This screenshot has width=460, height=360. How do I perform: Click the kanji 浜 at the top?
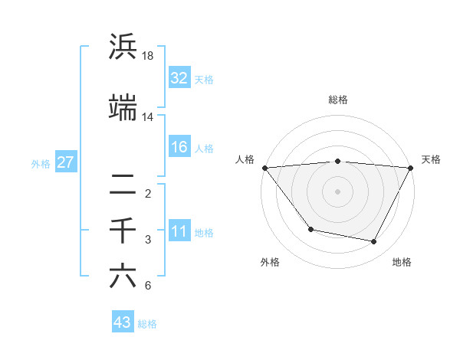pos(123,47)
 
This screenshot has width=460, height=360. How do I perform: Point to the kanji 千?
pos(123,230)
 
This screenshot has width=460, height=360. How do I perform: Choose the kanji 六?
pos(123,276)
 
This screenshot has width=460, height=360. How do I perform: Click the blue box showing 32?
pos(179,78)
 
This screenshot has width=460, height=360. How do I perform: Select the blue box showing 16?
pos(179,147)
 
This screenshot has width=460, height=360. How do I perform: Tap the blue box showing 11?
pos(179,231)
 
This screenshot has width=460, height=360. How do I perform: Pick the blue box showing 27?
pos(65,162)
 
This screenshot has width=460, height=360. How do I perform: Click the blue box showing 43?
pos(122,323)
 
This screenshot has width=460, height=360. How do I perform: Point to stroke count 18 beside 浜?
pos(148,55)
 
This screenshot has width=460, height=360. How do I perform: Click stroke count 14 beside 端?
pos(148,116)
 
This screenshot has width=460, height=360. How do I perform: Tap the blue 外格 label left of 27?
pos(41,163)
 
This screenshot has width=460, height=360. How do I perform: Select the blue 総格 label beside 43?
pos(147,324)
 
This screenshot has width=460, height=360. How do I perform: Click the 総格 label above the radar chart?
pos(337,100)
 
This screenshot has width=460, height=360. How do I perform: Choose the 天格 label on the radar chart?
pos(431,159)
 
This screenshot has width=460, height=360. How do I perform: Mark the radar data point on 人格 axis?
pos(264,168)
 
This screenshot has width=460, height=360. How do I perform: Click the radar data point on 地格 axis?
pos(374,242)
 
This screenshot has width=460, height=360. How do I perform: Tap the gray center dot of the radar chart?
pos(337,191)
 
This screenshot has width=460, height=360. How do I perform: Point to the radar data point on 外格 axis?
pos(310,229)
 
